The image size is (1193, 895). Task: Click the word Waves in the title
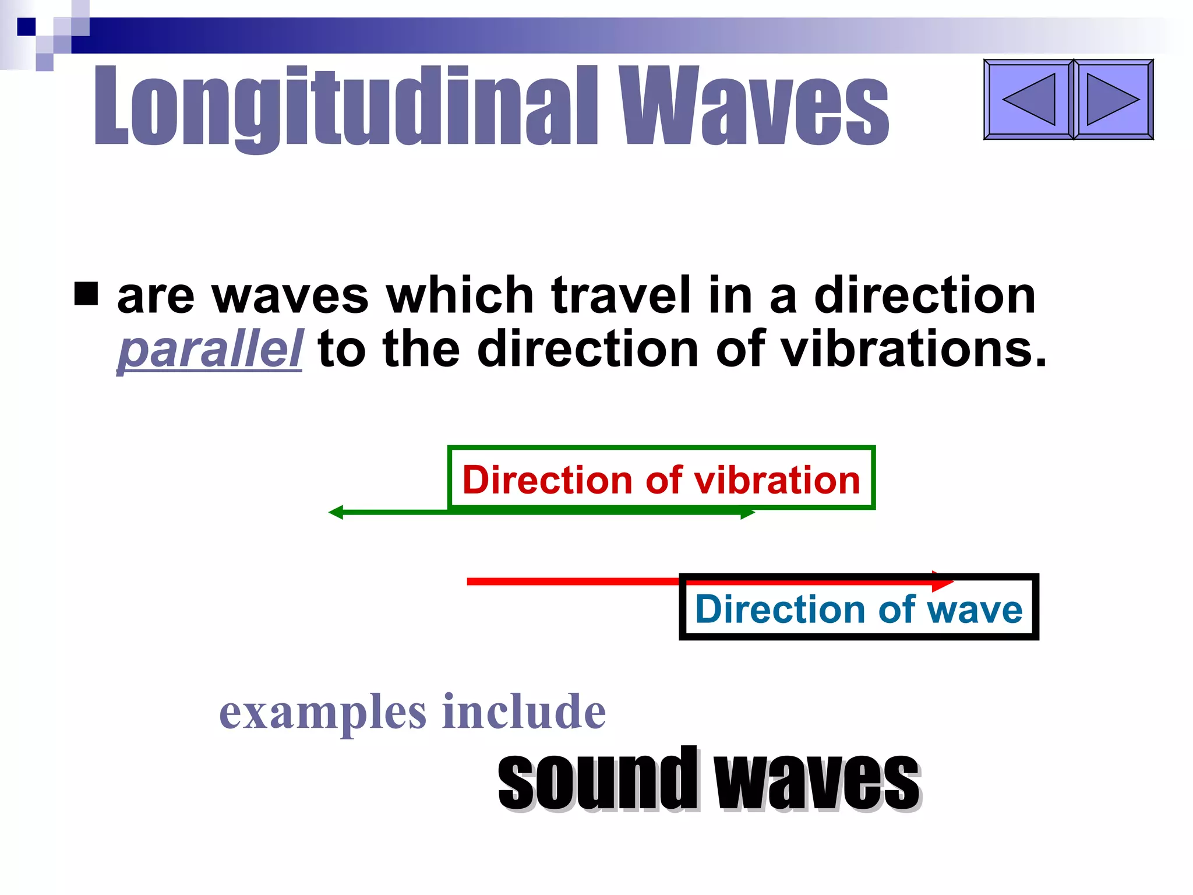click(x=754, y=106)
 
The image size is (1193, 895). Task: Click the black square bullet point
click(x=86, y=294)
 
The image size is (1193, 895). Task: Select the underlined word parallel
click(x=210, y=350)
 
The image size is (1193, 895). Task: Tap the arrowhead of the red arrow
click(x=942, y=581)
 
